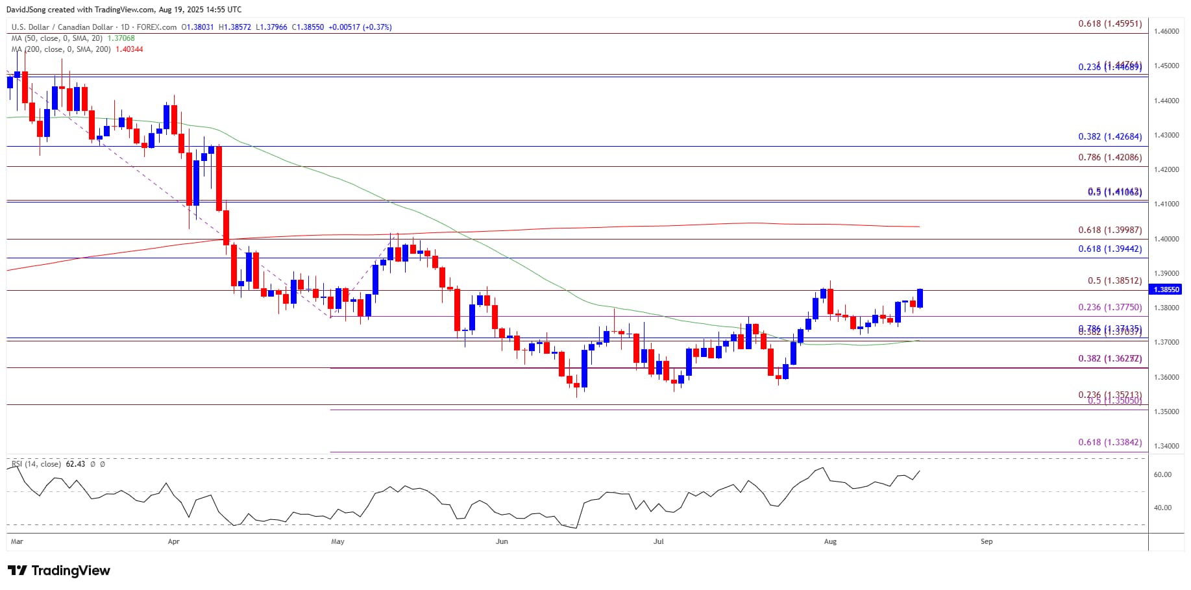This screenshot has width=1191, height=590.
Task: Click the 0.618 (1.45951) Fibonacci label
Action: (x=1110, y=24)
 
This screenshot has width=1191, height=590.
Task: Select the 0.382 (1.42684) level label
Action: (x=1110, y=137)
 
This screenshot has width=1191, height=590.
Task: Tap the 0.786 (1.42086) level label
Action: (x=1110, y=158)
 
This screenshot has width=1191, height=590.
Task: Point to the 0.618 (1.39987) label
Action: (x=1110, y=230)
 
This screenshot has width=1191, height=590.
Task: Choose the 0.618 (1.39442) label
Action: (x=1110, y=249)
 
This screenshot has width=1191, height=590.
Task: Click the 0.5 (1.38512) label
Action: (x=1114, y=281)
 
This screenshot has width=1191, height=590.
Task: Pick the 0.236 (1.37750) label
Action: (x=1110, y=308)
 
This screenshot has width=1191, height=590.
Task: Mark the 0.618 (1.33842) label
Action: (x=1110, y=443)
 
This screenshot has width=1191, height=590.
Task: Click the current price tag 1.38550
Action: (x=1166, y=289)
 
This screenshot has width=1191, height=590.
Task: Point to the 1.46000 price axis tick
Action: (x=1166, y=31)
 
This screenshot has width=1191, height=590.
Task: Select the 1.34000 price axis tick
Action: (x=1166, y=447)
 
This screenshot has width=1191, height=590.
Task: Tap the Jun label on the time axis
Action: (x=501, y=541)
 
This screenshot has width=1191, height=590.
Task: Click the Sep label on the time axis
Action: (x=987, y=541)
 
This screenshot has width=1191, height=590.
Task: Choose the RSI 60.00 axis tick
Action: (x=1162, y=475)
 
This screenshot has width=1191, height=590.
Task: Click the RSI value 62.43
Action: (x=75, y=464)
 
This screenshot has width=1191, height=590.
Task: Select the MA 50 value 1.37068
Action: (x=121, y=38)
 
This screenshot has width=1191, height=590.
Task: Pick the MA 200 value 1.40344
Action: (x=129, y=49)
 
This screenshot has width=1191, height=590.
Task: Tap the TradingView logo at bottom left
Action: (x=59, y=571)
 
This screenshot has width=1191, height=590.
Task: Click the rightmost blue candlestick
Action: (x=920, y=299)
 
